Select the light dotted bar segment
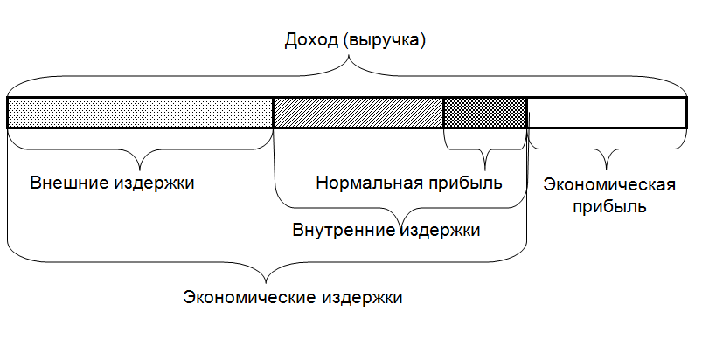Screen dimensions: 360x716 click(140, 113)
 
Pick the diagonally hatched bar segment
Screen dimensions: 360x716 click(358, 113)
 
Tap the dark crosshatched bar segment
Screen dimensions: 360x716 click(485, 113)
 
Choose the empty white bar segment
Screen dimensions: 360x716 click(607, 113)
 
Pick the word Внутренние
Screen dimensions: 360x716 click(343, 231)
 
